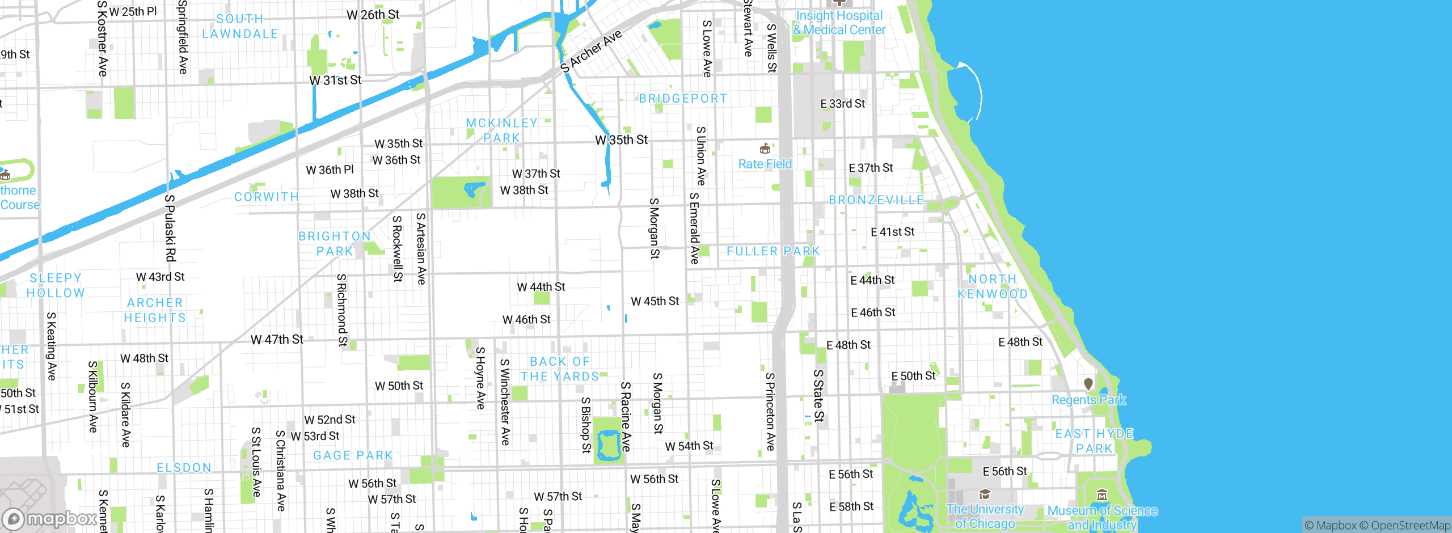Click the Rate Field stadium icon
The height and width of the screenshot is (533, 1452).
coord(765,149)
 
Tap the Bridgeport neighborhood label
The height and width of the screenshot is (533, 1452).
coord(683,99)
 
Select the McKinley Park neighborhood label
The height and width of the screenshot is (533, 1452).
coord(501,130)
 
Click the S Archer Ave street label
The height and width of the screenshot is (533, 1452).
coord(591,52)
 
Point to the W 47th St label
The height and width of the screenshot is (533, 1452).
coord(277,340)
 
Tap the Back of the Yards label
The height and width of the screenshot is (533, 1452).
coord(560,369)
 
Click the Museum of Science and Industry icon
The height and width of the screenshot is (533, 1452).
coord(1101,495)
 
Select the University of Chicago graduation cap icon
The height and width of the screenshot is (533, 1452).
coord(985,494)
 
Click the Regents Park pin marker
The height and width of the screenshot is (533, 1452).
coord(1088,384)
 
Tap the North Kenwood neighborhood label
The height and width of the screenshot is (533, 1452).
coord(993,286)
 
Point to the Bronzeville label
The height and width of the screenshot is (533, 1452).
coord(876,200)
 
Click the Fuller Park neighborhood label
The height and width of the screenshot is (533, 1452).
coord(773,251)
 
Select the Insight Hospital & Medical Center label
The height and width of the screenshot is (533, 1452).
coord(839,23)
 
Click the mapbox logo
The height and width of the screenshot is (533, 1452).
coord(50,518)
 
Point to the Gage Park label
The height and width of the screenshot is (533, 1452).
coord(353,456)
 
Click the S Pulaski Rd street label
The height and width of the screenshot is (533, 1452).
coord(170,227)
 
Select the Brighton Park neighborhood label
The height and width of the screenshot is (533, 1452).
coord(335,244)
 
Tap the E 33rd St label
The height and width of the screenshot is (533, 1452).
coord(842,104)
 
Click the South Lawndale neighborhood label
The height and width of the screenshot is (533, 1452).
coord(240,26)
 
